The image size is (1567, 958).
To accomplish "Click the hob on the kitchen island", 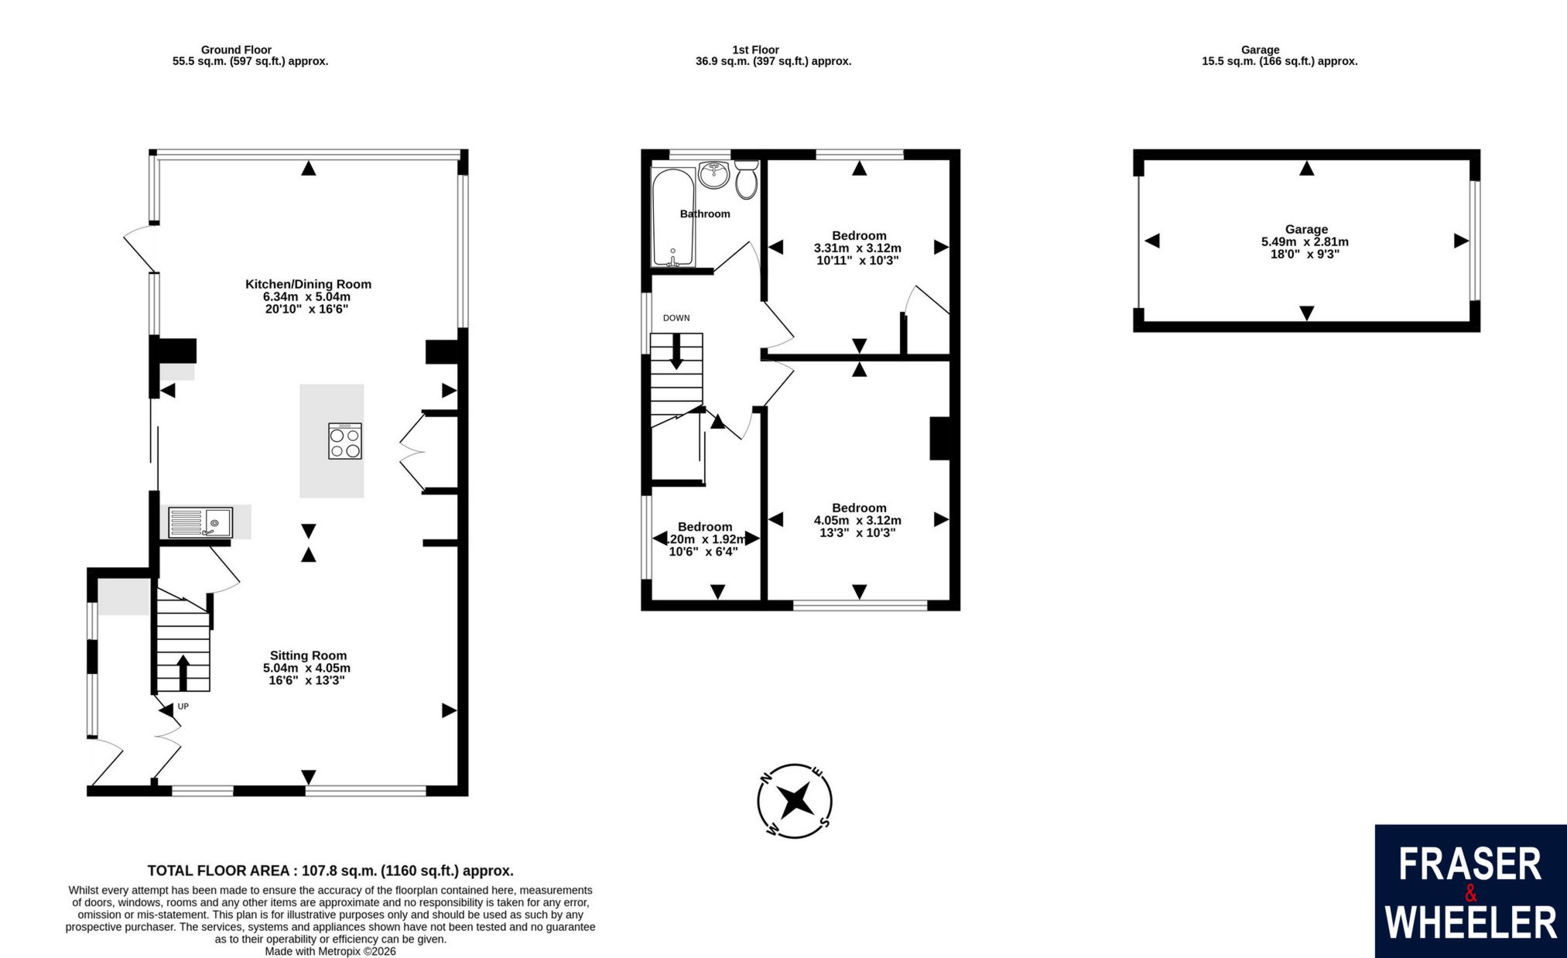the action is [345, 441].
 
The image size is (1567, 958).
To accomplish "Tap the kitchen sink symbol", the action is [200, 522].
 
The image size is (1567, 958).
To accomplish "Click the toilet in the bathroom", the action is [746, 179].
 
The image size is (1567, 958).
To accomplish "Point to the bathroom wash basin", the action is [713, 174].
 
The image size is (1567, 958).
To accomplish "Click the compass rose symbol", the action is [795, 801].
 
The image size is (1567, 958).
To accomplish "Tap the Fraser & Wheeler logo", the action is [1470, 891].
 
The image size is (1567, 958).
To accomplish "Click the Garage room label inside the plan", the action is [1306, 229].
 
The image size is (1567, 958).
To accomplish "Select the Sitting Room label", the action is [308, 655].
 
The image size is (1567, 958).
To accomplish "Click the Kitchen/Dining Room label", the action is [308, 284].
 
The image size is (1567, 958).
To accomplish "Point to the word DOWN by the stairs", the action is [676, 318].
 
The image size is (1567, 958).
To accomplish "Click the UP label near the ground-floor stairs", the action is [183, 707].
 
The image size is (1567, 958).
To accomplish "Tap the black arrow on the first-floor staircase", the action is [676, 351].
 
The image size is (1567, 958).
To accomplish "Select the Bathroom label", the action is [705, 214].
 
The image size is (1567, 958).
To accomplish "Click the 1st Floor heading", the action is [755, 50].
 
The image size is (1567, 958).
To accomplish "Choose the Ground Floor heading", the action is [236, 50].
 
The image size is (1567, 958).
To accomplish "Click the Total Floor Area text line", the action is [330, 871].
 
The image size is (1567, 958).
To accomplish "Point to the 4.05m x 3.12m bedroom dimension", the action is [857, 520].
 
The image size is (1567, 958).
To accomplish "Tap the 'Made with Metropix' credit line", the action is [330, 951].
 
